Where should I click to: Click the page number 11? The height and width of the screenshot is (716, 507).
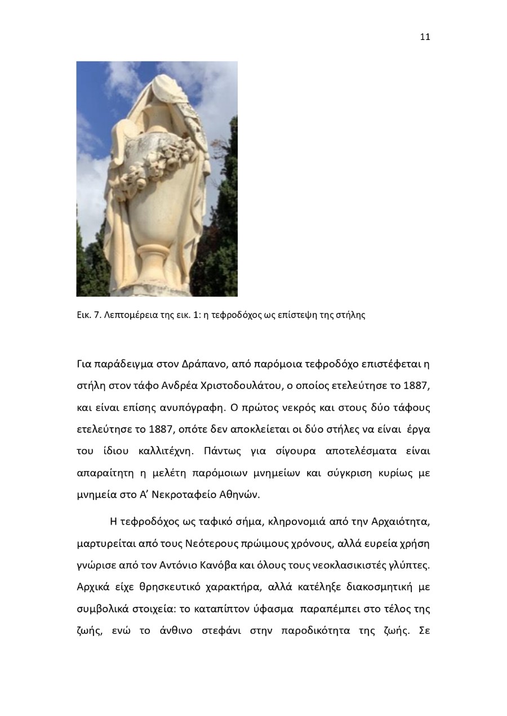coord(425,37)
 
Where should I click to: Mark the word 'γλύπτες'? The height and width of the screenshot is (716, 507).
coord(411,565)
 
